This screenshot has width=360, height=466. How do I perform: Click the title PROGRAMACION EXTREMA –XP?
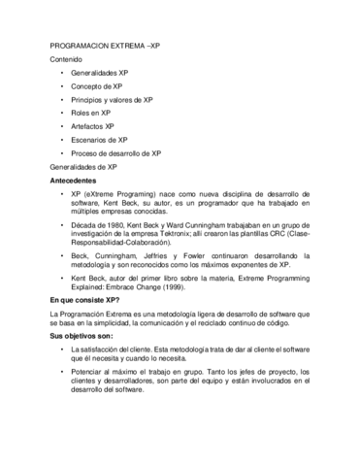click(x=105, y=46)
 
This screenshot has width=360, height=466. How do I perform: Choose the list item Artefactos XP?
click(x=92, y=126)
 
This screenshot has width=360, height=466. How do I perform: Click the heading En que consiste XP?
click(x=84, y=301)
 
